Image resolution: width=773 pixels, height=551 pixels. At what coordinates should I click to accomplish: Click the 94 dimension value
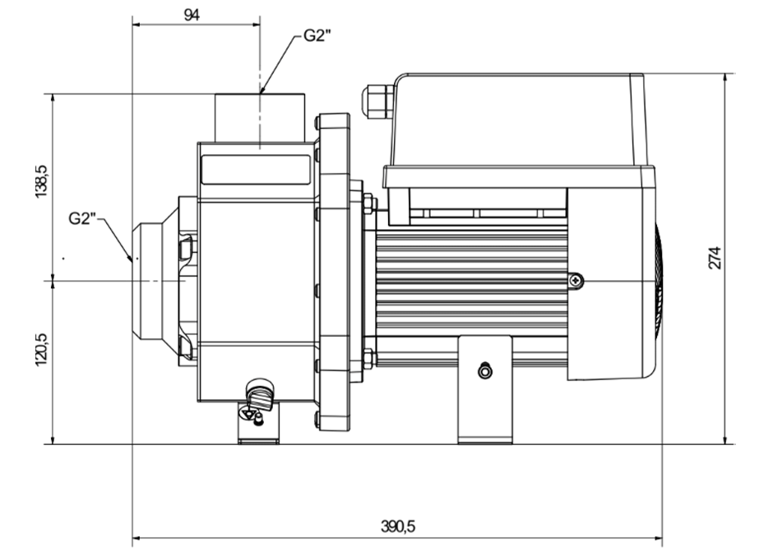[192, 15]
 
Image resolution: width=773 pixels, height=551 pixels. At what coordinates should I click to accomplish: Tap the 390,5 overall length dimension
[398, 526]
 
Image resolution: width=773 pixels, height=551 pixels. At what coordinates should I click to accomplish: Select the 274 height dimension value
[715, 258]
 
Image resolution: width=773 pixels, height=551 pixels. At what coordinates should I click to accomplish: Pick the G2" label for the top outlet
[317, 35]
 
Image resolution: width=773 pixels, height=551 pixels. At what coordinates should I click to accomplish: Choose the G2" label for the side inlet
[83, 218]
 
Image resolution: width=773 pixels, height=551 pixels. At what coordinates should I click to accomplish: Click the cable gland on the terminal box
[377, 102]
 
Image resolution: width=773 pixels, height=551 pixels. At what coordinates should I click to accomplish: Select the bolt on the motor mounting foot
[485, 370]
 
